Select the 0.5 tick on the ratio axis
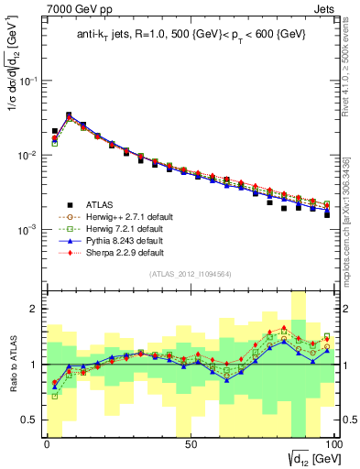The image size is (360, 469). coord(31,420)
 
